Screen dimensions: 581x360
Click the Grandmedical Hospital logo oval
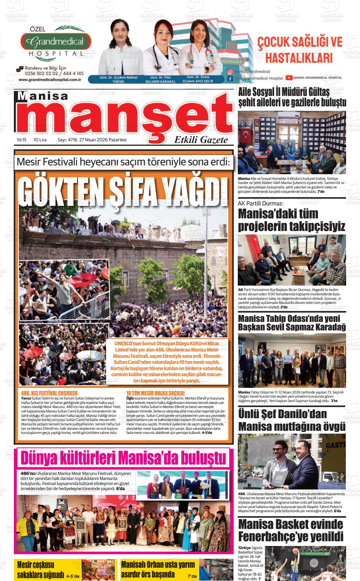pyautogui.click(x=56, y=41)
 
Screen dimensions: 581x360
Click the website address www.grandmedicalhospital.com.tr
pyautogui.click(x=50, y=80)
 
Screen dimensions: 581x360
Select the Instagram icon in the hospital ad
pyautogui.click(x=231, y=72)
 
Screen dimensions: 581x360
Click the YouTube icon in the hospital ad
pyautogui.click(x=289, y=78)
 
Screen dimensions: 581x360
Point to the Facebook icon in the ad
pyautogui.click(x=230, y=78)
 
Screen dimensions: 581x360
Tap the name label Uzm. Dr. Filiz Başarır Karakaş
pyautogui.click(x=160, y=79)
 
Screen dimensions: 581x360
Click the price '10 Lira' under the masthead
pyautogui.click(x=40, y=140)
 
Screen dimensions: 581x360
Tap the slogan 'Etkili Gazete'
pyautogui.click(x=201, y=140)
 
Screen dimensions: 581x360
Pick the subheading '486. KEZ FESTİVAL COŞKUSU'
pyautogui.click(x=49, y=393)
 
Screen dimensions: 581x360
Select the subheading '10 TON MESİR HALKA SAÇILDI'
pyautogui.click(x=155, y=393)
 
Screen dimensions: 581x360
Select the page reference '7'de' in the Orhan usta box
pyautogui.click(x=192, y=576)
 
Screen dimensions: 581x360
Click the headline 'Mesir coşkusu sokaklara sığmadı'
pyautogui.click(x=40, y=570)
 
